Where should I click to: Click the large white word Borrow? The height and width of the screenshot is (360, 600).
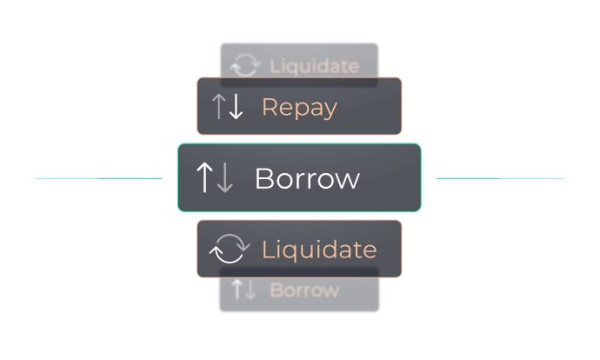pos(306,178)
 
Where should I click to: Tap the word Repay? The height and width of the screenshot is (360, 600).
pos(299,107)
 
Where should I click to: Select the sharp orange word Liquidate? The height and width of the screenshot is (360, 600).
pos(319,250)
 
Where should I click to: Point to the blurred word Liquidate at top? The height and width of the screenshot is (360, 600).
pos(314,65)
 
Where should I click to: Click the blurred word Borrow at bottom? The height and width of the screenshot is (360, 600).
pos(304,290)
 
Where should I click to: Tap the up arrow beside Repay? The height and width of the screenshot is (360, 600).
pos(219,107)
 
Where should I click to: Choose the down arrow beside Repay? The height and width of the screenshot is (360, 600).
pos(235,107)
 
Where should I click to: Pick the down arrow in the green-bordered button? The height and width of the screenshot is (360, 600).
pos(224,177)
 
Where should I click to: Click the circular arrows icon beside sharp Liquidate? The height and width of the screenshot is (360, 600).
pos(230,249)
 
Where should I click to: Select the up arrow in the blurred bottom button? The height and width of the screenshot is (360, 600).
pos(237,290)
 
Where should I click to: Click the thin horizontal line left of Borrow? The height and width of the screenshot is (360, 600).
pos(98,178)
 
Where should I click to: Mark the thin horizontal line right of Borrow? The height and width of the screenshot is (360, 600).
pos(500,178)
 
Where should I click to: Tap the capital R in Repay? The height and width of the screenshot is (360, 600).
pos(270,107)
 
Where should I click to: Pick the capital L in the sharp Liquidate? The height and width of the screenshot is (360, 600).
pos(267,250)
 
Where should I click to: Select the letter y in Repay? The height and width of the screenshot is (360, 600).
pos(330,110)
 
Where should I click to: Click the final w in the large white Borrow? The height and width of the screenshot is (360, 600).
pos(349,181)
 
